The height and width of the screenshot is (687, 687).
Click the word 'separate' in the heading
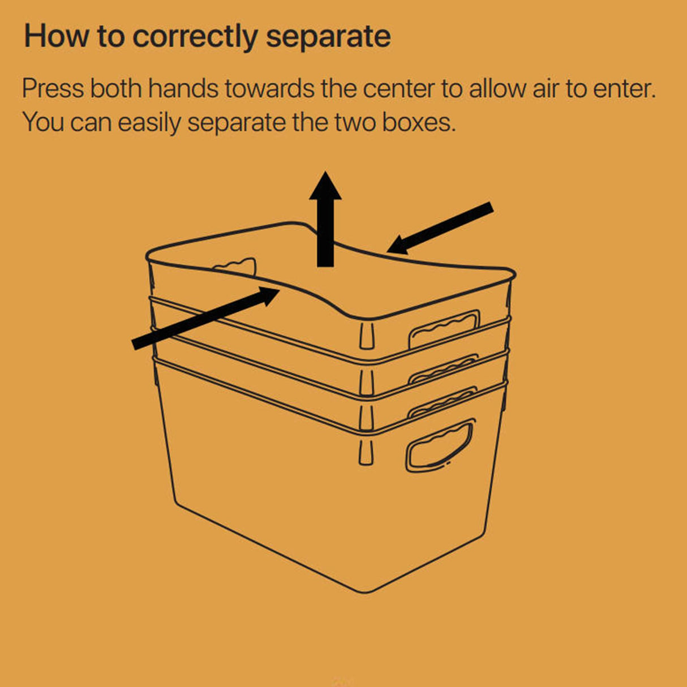pos(328,37)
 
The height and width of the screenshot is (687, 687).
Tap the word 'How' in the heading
pos(56,36)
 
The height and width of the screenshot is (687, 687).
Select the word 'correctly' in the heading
pos(195,37)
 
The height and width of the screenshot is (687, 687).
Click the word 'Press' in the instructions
pos(53,88)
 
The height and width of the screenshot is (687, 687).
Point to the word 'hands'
pos(183,88)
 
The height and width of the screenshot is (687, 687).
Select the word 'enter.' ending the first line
pos(624,89)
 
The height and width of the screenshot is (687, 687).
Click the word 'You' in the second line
pos(43,122)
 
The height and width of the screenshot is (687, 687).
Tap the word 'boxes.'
pos(419,122)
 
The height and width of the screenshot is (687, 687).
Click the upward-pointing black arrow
pos(325,219)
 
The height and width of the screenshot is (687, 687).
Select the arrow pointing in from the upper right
pos(440,228)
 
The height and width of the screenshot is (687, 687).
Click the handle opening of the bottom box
pos(440,445)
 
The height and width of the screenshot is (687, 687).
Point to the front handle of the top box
pos(444,329)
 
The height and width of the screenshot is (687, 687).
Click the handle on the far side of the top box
pos(235,267)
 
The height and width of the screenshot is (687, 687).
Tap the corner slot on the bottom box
pos(366,452)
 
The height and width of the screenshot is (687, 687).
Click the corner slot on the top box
pos(367,336)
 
